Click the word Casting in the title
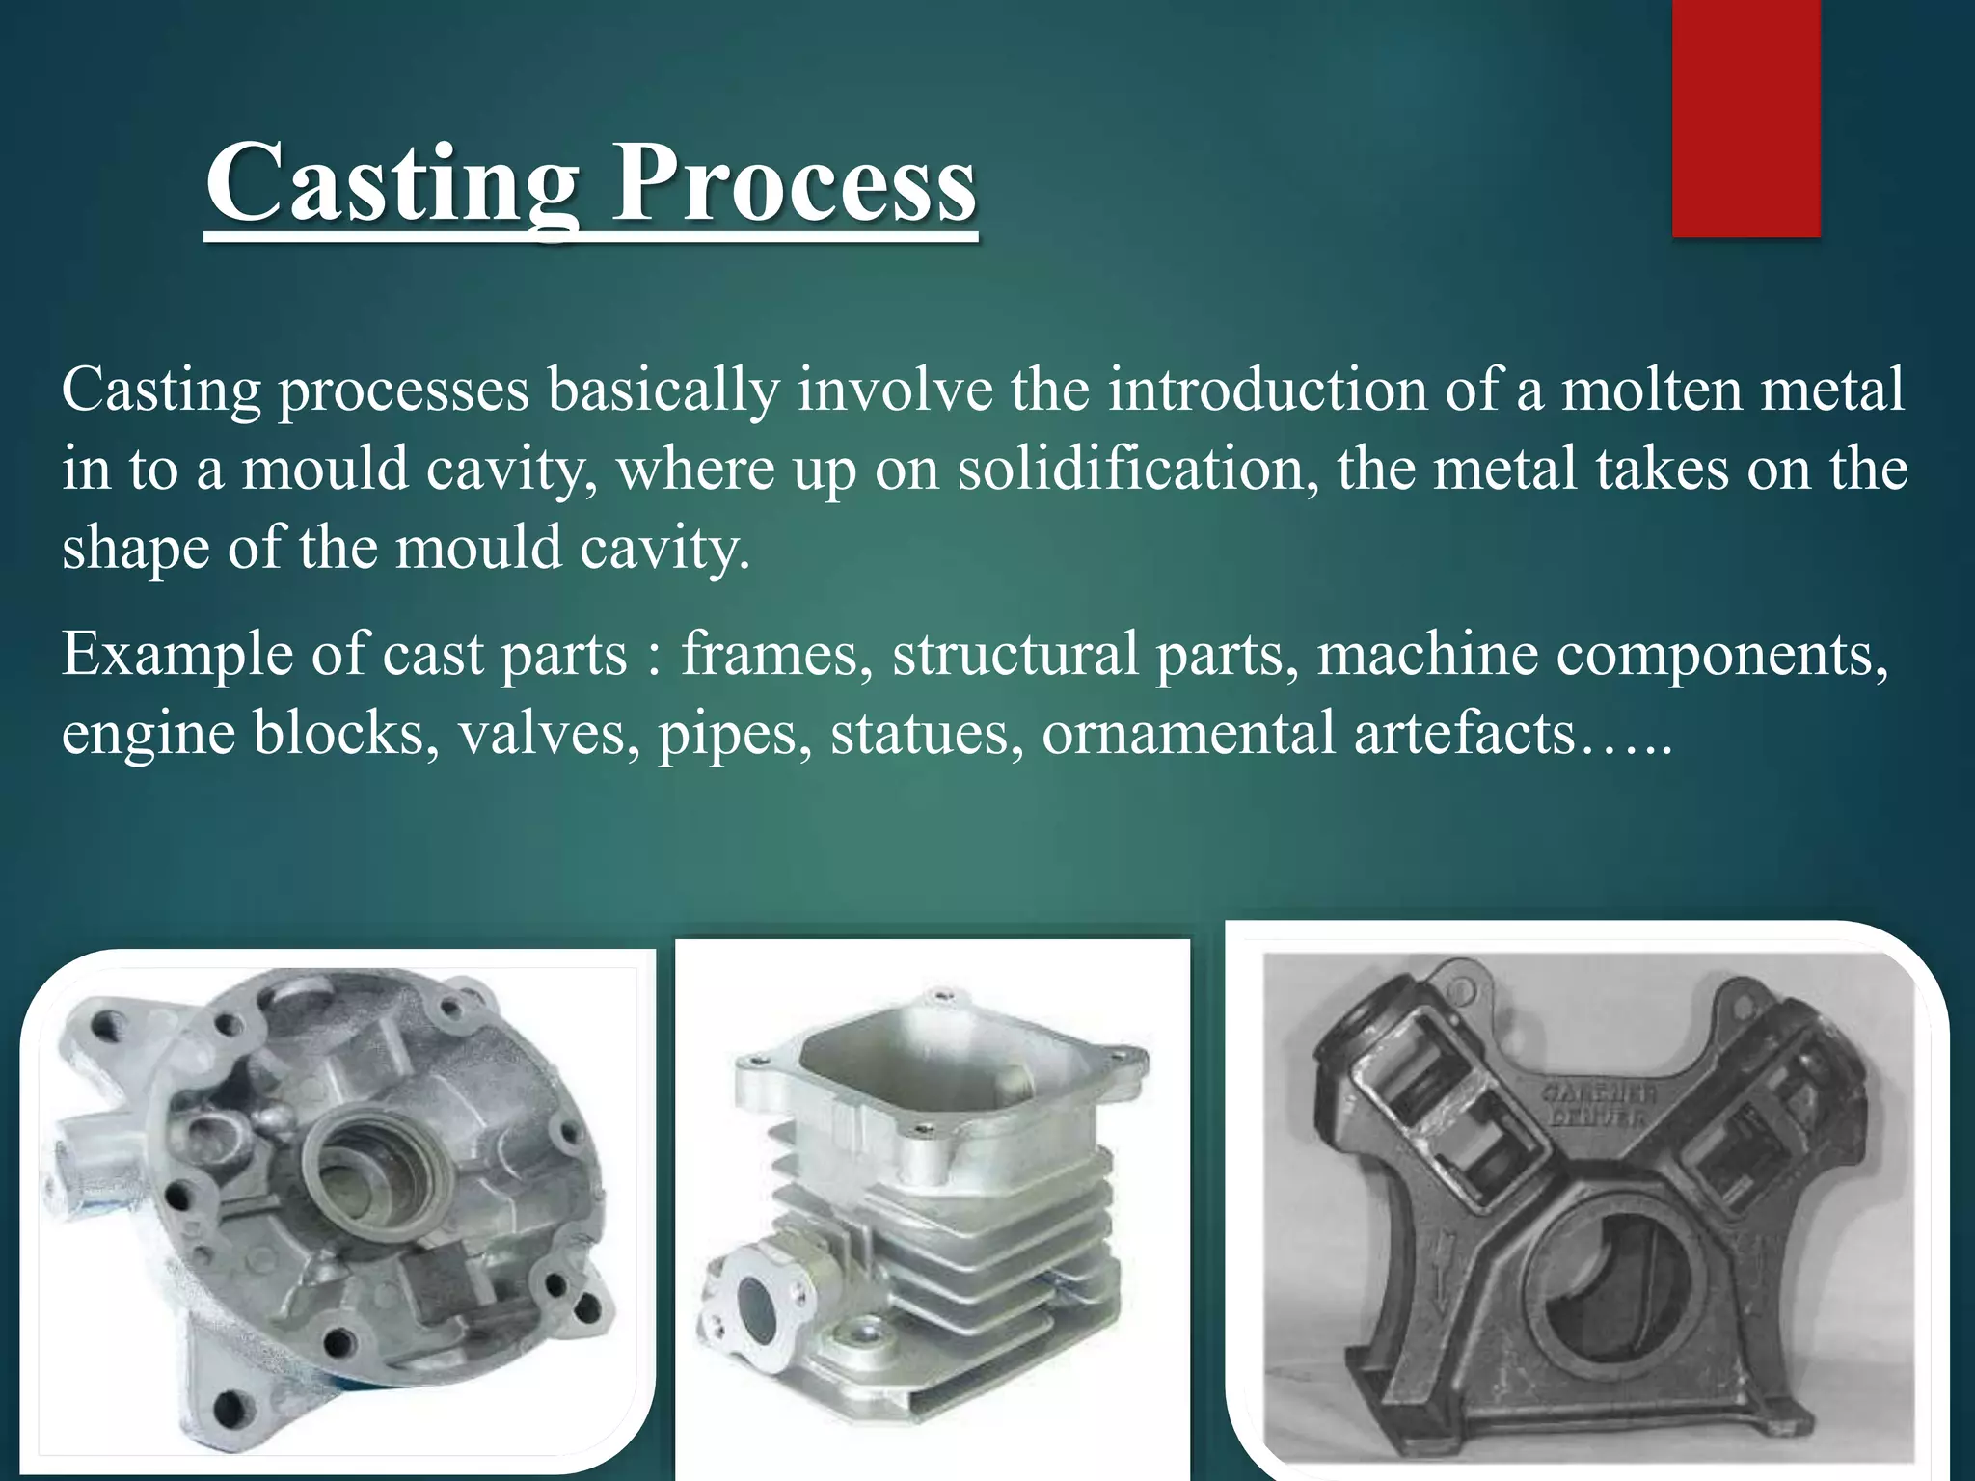(391, 183)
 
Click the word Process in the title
(795, 183)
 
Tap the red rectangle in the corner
(1745, 118)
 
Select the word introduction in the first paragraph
(1266, 390)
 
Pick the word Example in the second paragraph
(177, 655)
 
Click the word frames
(770, 655)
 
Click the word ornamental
(1188, 734)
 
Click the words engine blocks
(244, 734)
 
